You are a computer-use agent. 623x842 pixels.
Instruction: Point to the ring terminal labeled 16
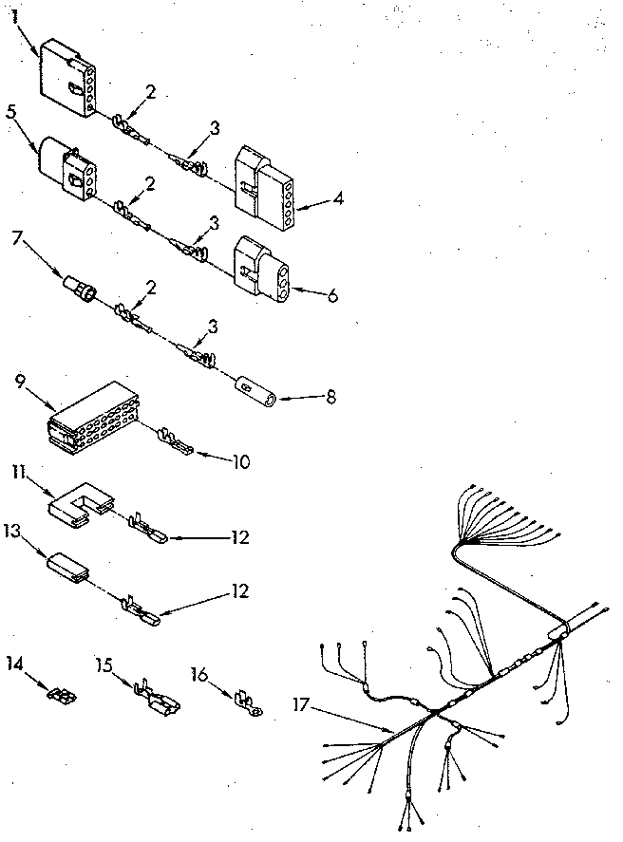(x=248, y=703)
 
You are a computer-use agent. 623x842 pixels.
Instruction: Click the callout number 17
(x=301, y=704)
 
